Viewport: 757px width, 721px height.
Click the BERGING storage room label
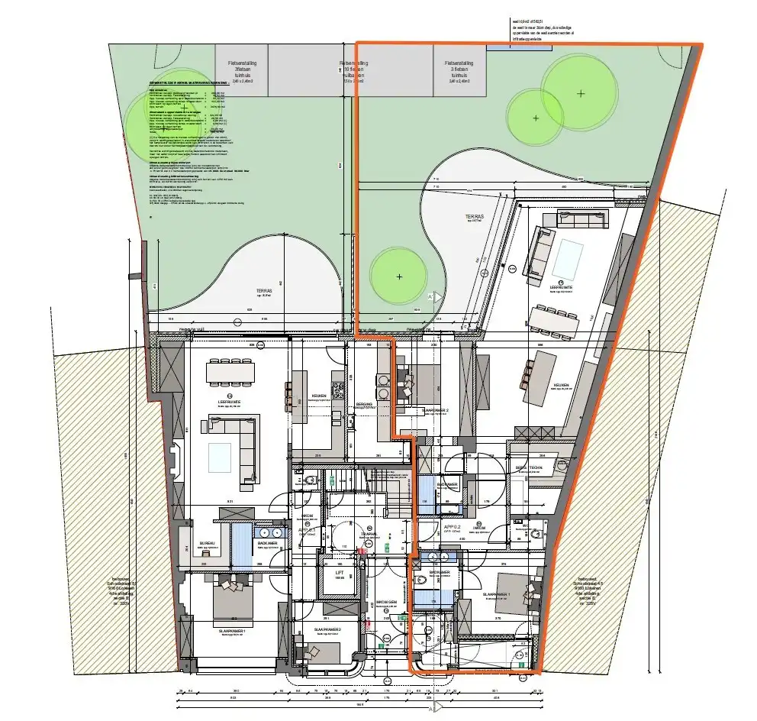(364, 404)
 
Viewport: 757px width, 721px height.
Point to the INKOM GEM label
(387, 602)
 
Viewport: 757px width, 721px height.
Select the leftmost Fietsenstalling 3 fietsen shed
(229, 70)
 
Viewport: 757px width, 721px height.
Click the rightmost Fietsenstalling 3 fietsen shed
(459, 70)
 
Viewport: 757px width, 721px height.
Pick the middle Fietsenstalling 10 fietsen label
(354, 70)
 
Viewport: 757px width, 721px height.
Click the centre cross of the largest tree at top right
(581, 93)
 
